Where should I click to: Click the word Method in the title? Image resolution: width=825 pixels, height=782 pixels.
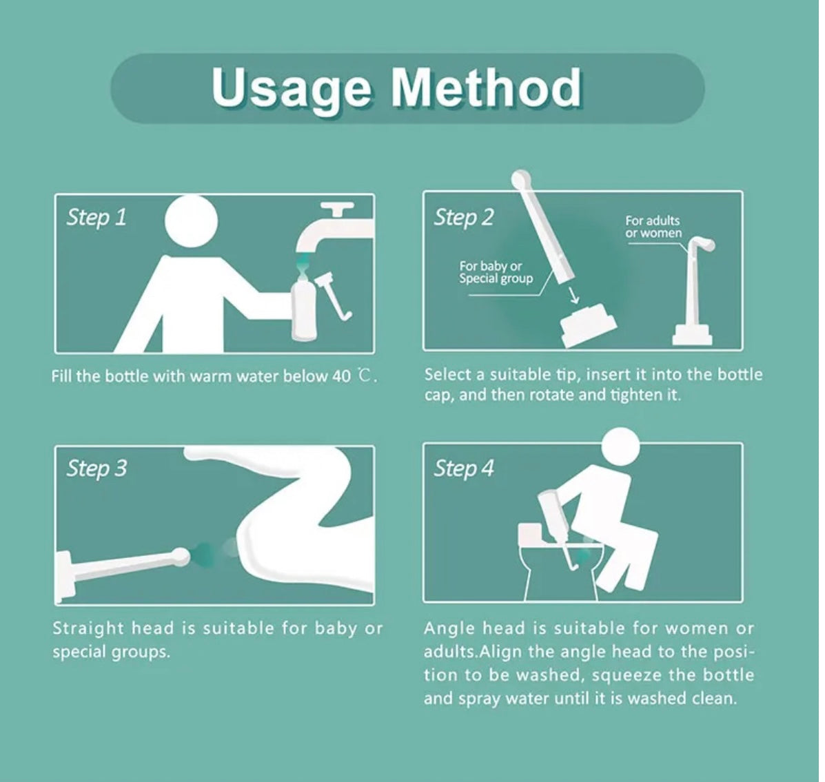(x=486, y=88)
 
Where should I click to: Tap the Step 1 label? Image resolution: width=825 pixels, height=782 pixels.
(x=96, y=217)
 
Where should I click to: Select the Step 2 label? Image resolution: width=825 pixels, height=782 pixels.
(x=464, y=217)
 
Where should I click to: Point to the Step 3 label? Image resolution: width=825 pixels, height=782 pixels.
(x=96, y=468)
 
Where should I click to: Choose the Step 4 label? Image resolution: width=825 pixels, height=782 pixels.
(x=464, y=468)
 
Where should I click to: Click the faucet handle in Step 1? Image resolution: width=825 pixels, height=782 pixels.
(x=337, y=209)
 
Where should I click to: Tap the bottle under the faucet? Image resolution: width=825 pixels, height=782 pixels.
(x=304, y=309)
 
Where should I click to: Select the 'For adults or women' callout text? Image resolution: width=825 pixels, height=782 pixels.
(x=653, y=227)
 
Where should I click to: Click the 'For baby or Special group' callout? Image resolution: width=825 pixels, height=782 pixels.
(x=496, y=272)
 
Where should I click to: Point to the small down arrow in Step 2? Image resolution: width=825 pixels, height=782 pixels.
(x=574, y=295)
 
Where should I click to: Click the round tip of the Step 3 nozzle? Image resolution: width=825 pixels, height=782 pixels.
(x=181, y=555)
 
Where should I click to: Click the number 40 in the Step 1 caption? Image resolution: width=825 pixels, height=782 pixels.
(x=341, y=377)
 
